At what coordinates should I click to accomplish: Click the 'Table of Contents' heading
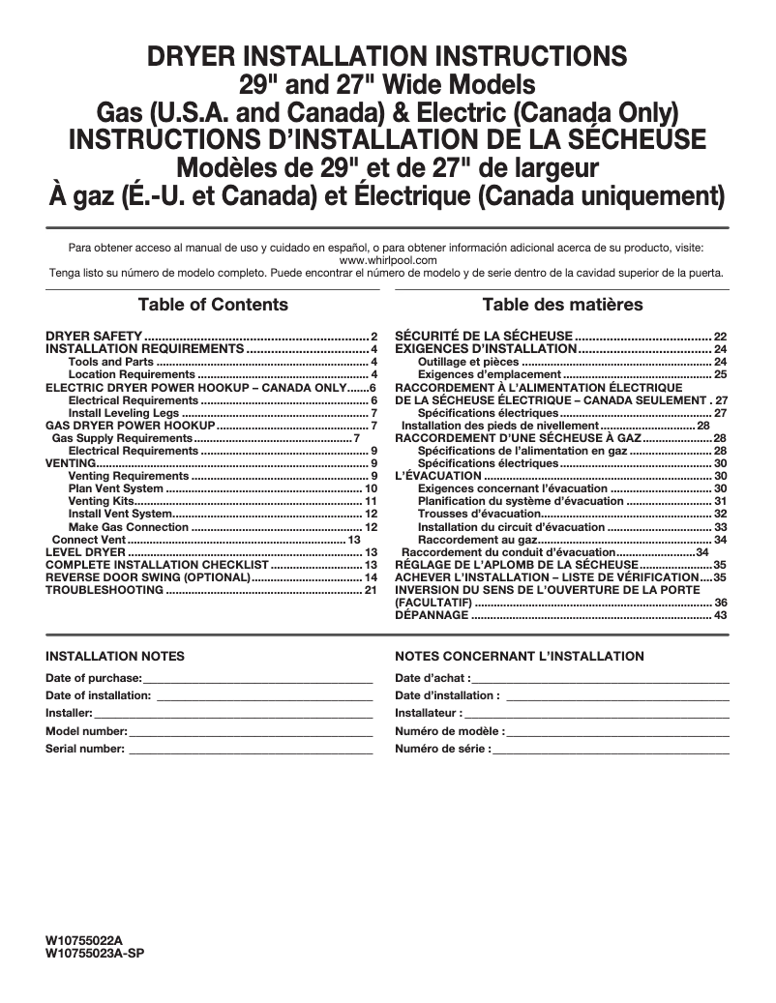[213, 305]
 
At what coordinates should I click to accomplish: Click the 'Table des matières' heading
[562, 305]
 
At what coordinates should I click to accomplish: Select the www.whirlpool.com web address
[388, 260]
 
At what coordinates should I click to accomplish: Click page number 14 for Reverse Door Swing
[370, 576]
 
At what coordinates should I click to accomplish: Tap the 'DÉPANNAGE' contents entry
[433, 615]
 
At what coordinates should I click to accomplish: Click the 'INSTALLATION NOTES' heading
[115, 657]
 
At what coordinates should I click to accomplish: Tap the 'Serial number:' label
[85, 749]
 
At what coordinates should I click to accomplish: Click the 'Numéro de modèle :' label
[449, 731]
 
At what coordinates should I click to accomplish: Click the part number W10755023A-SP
[95, 952]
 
